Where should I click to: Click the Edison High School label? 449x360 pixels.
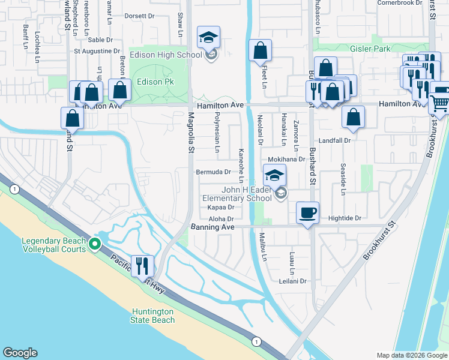pyautogui.click(x=173, y=55)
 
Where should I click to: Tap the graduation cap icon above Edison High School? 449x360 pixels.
pyautogui.click(x=208, y=38)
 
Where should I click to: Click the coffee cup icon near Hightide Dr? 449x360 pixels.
pyautogui.click(x=308, y=212)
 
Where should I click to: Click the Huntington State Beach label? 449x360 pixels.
pyautogui.click(x=152, y=316)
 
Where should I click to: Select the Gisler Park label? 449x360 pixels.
pyautogui.click(x=370, y=49)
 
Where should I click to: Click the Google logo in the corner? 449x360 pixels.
pyautogui.click(x=20, y=353)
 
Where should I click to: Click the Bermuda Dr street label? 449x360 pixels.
pyautogui.click(x=214, y=172)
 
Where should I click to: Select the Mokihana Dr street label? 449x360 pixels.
pyautogui.click(x=286, y=160)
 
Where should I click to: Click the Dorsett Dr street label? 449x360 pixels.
pyautogui.click(x=139, y=16)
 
